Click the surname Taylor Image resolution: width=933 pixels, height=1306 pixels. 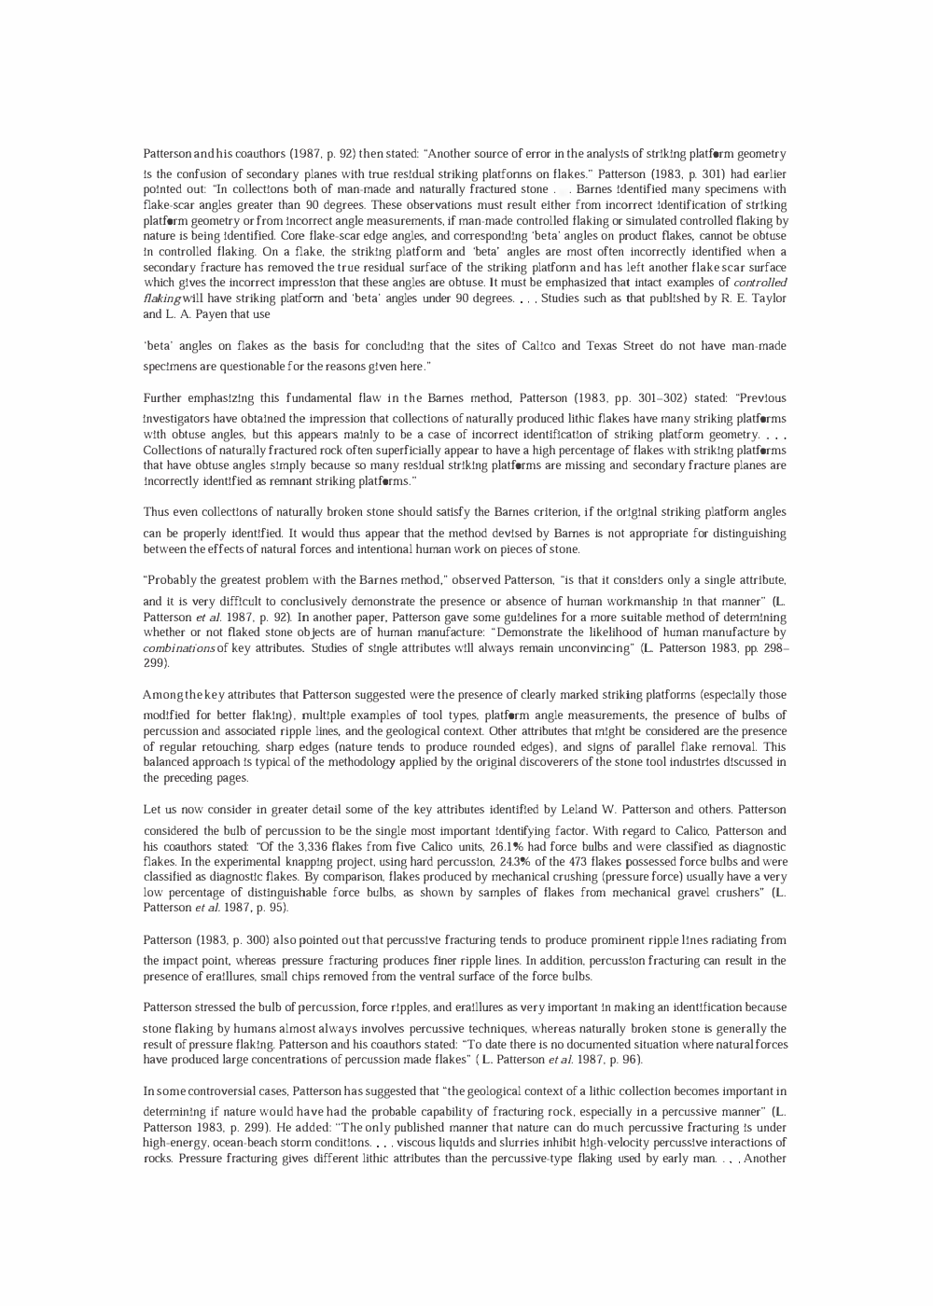coord(768,299)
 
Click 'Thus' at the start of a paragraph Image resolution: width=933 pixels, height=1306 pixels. coord(156,512)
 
